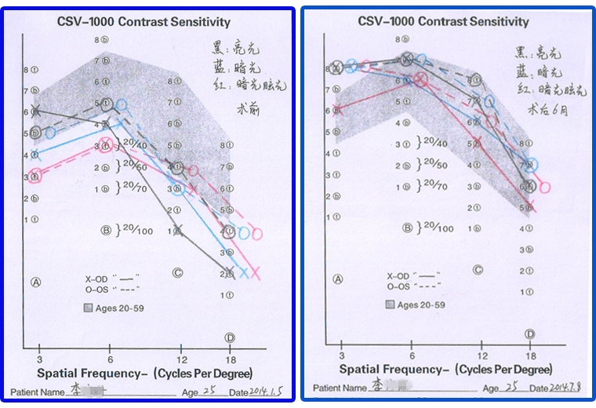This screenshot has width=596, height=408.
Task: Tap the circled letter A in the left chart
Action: click(x=36, y=280)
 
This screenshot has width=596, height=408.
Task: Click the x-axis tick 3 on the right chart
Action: click(x=341, y=345)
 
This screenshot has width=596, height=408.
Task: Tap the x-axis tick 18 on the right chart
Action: click(x=531, y=345)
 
